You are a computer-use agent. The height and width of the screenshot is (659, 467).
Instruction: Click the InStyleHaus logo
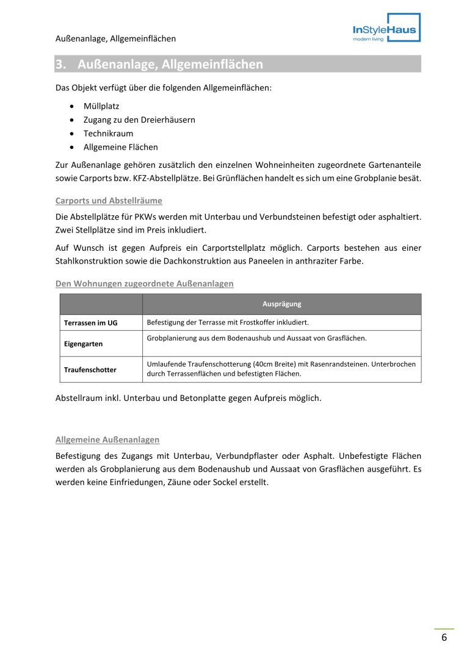[386, 28]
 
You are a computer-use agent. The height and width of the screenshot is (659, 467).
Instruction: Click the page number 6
[444, 638]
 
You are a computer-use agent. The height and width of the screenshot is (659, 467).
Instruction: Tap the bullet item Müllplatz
[101, 106]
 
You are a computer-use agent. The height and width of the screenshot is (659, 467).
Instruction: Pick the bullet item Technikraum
[108, 134]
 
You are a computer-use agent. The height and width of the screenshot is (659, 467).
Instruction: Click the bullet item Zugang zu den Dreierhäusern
[139, 120]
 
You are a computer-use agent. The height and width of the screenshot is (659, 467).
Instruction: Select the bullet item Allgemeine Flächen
[120, 147]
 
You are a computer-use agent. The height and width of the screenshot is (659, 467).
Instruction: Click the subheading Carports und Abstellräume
[109, 201]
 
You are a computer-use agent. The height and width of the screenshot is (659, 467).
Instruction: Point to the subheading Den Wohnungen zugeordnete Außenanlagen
[144, 284]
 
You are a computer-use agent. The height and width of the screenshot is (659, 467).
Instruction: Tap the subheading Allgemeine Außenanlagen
[107, 439]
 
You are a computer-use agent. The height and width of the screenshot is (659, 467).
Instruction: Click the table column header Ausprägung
[281, 304]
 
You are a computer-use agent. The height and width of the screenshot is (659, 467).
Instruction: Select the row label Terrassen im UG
[90, 323]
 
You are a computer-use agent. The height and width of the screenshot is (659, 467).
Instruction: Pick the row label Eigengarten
[83, 344]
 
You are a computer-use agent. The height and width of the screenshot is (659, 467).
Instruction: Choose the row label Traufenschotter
[90, 370]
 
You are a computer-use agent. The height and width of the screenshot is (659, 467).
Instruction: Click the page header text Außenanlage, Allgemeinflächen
[115, 38]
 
